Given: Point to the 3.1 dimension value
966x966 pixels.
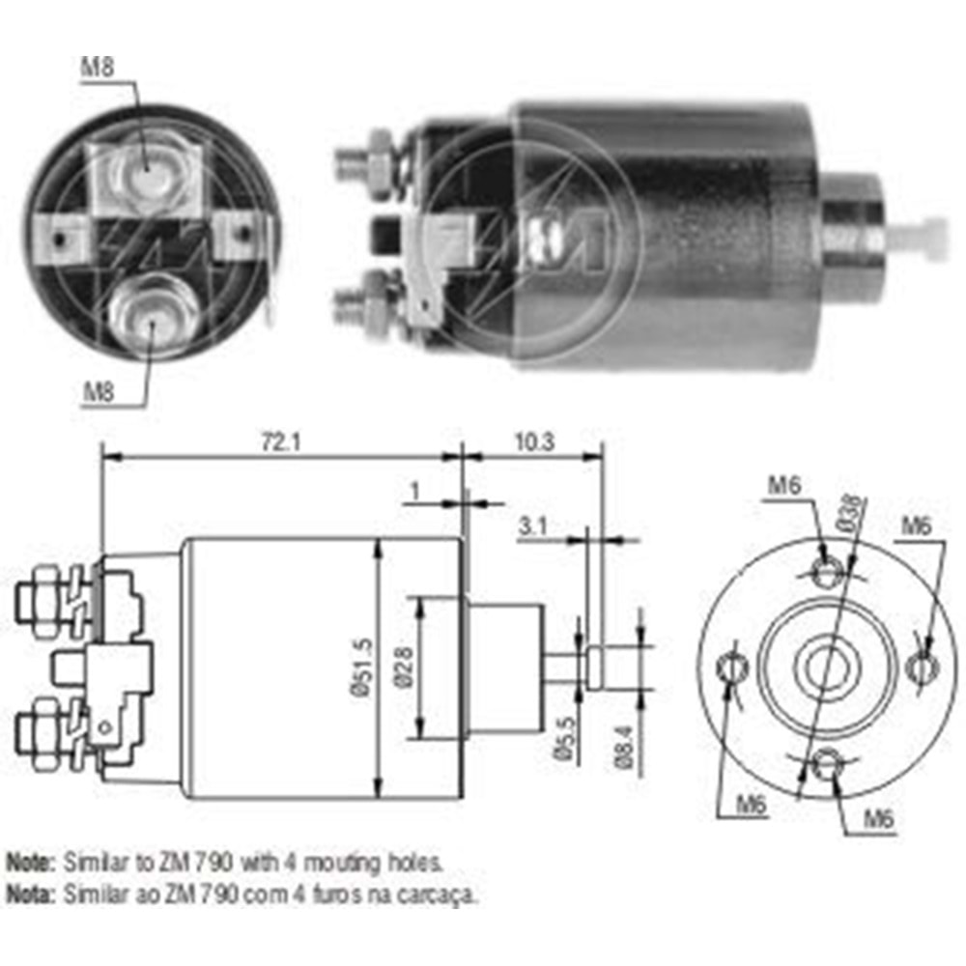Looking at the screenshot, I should click(x=534, y=527).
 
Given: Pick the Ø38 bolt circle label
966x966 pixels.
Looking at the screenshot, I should click(x=850, y=512).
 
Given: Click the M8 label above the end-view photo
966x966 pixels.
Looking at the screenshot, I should click(x=98, y=67).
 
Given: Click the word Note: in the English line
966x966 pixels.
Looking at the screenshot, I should click(x=31, y=860).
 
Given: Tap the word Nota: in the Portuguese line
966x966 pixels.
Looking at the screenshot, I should click(x=31, y=895).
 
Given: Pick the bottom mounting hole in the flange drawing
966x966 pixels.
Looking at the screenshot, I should click(x=824, y=763).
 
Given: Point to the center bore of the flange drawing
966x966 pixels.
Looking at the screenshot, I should click(x=824, y=666).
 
